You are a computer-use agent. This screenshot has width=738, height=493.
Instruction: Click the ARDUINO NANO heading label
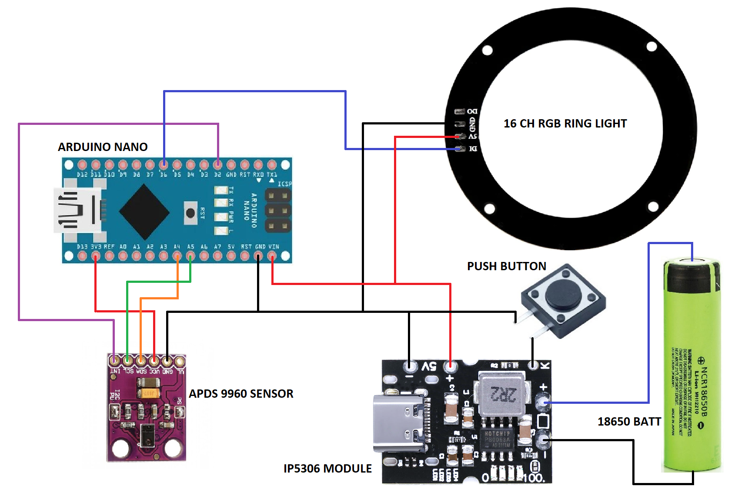(x=103, y=147)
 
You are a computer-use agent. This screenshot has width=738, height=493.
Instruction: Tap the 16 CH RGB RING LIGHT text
(x=565, y=124)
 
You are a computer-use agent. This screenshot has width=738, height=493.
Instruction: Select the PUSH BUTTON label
(x=506, y=266)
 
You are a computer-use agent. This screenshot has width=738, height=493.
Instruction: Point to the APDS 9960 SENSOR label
(x=241, y=394)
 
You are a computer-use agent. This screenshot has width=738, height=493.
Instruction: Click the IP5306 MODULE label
(x=327, y=469)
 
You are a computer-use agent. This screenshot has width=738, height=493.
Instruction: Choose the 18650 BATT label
(x=629, y=422)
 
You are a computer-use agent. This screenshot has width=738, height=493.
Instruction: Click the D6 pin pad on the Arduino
(x=164, y=165)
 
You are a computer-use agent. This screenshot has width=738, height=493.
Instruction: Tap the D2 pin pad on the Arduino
(x=217, y=165)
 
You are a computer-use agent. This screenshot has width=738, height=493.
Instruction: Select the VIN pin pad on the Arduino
(x=272, y=256)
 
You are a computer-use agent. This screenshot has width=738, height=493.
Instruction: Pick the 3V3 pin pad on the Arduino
(x=96, y=256)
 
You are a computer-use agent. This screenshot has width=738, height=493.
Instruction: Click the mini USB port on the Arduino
(x=76, y=211)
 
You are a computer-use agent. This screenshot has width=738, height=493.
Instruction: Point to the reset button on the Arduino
(x=190, y=213)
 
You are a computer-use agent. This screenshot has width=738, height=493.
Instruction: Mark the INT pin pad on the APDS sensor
(x=114, y=361)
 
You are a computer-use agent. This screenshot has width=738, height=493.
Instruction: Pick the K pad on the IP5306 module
(x=533, y=365)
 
